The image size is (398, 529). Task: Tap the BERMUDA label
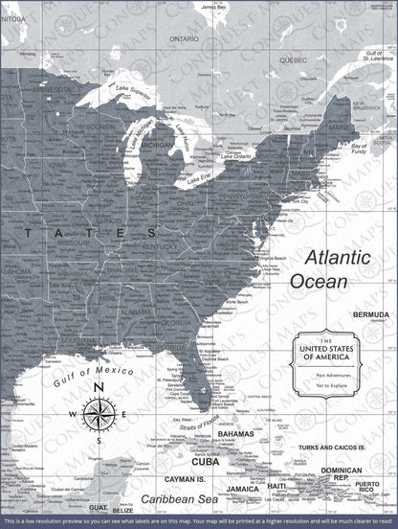(371, 315)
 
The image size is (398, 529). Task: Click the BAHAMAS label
(235, 433)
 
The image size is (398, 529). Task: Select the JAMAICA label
(243, 489)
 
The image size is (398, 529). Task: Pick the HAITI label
(276, 486)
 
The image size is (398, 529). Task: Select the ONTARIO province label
(184, 39)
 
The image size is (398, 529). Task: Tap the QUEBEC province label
(294, 57)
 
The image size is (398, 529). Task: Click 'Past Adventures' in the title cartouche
(341, 376)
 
